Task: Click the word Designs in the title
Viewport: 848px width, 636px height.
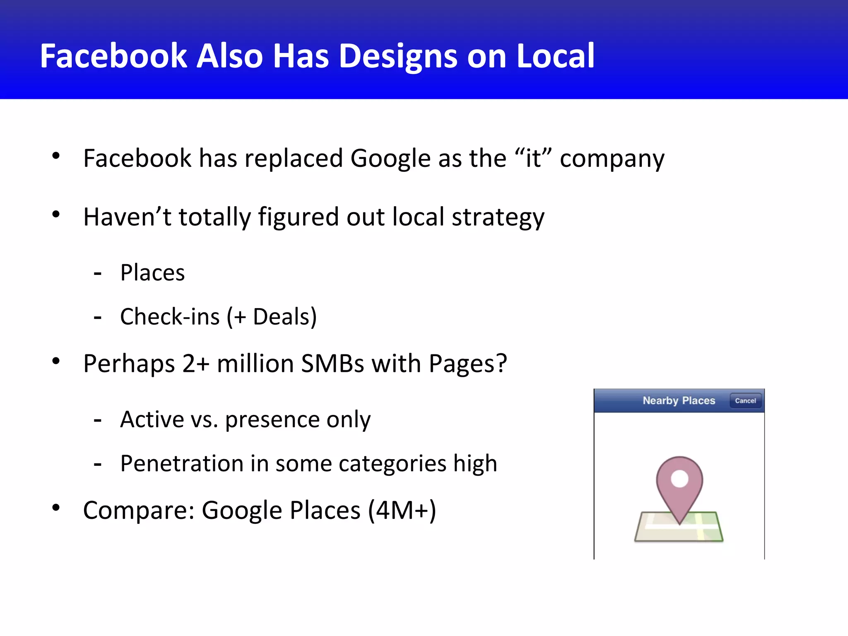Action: tap(397, 56)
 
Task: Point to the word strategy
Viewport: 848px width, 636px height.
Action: tap(498, 217)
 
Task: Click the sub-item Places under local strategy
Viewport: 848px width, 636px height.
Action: tap(152, 273)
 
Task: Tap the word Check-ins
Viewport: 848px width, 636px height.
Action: tap(170, 317)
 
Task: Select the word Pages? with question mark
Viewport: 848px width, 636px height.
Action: tap(467, 364)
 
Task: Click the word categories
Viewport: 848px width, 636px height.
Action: tap(392, 464)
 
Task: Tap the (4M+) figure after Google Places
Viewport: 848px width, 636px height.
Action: tap(402, 510)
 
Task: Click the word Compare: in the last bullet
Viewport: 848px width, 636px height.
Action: tap(139, 510)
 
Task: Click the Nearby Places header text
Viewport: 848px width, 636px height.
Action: tap(679, 400)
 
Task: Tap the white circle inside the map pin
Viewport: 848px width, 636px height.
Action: tap(679, 479)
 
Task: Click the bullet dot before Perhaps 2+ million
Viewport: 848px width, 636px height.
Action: tap(56, 361)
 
